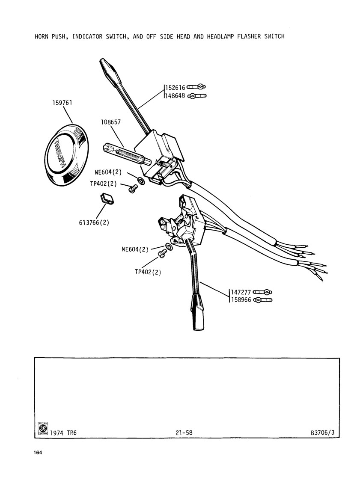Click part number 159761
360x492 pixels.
(x=62, y=103)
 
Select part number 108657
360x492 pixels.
(x=111, y=122)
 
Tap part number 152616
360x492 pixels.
(x=176, y=88)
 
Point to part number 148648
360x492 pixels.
(x=176, y=96)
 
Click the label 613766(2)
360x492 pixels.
(x=94, y=223)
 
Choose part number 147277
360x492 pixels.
(x=241, y=293)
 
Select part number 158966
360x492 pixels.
(x=241, y=300)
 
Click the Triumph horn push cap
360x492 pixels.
(x=66, y=155)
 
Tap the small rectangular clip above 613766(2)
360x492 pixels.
(x=107, y=199)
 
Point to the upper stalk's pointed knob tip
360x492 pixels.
(x=102, y=61)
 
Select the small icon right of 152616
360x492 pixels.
(x=196, y=87)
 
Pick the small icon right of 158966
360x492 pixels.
(x=262, y=300)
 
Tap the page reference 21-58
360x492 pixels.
(x=184, y=433)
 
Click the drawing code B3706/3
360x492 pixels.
(x=323, y=433)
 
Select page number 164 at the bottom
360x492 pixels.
(x=38, y=452)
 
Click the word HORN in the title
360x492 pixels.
(x=42, y=36)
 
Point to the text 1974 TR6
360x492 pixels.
(x=63, y=433)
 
